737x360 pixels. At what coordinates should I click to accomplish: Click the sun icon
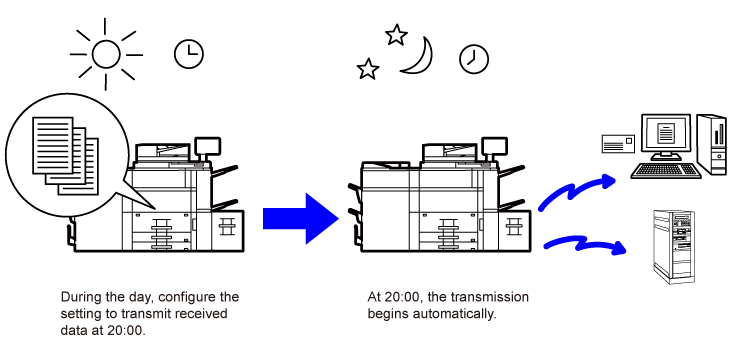click(106, 55)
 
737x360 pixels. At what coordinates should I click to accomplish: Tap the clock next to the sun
click(189, 54)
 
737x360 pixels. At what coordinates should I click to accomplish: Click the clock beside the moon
click(474, 59)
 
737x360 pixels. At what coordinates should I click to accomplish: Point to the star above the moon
click(396, 35)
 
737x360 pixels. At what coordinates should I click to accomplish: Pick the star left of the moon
click(368, 69)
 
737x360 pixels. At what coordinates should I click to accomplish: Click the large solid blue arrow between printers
click(301, 219)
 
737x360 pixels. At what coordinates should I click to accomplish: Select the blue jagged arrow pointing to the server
click(586, 245)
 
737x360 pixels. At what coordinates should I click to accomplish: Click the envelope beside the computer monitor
click(619, 143)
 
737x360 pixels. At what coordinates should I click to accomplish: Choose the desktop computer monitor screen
click(666, 133)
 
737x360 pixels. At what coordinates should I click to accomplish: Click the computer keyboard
click(666, 171)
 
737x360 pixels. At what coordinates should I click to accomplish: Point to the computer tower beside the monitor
click(712, 144)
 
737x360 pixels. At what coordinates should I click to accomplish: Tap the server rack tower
click(673, 247)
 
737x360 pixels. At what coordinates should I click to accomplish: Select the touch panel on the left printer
click(207, 148)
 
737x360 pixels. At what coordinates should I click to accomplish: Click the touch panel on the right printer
click(494, 148)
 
